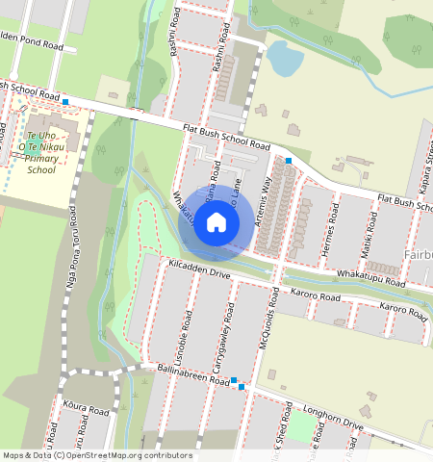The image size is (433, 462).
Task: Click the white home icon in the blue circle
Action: tap(216, 223)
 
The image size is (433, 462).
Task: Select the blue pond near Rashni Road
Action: tap(285, 59)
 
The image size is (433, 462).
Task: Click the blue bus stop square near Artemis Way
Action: tap(289, 160)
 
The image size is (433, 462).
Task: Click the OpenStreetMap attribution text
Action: tap(97, 455)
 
